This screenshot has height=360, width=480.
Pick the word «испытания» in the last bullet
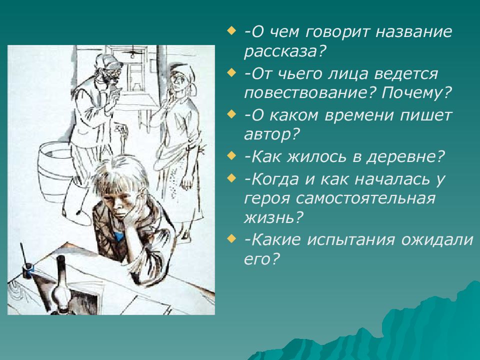click(x=351, y=239)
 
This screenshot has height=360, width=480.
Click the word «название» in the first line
click(x=414, y=32)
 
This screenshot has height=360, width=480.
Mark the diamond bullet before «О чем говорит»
click(x=231, y=31)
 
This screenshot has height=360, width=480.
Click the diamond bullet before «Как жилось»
click(x=231, y=156)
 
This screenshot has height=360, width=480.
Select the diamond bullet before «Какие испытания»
click(x=231, y=238)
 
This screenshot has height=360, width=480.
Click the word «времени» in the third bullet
click(x=358, y=115)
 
